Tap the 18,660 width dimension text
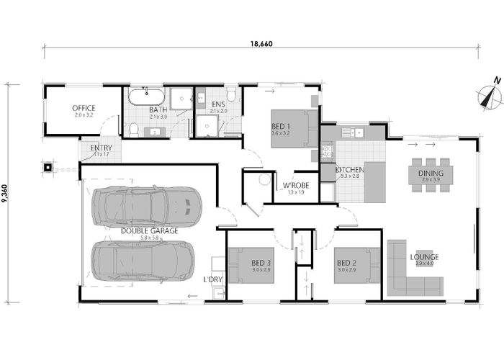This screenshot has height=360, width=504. pyautogui.click(x=261, y=44)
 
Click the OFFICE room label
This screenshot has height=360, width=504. pyautogui.click(x=84, y=109)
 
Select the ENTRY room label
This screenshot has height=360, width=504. pyautogui.click(x=101, y=149)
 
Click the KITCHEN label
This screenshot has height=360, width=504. pyautogui.click(x=350, y=171)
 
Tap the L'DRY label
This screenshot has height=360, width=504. pyautogui.click(x=212, y=279)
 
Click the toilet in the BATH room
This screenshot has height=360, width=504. pyautogui.click(x=133, y=129)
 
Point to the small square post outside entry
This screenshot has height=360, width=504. pyautogui.click(x=49, y=168)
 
